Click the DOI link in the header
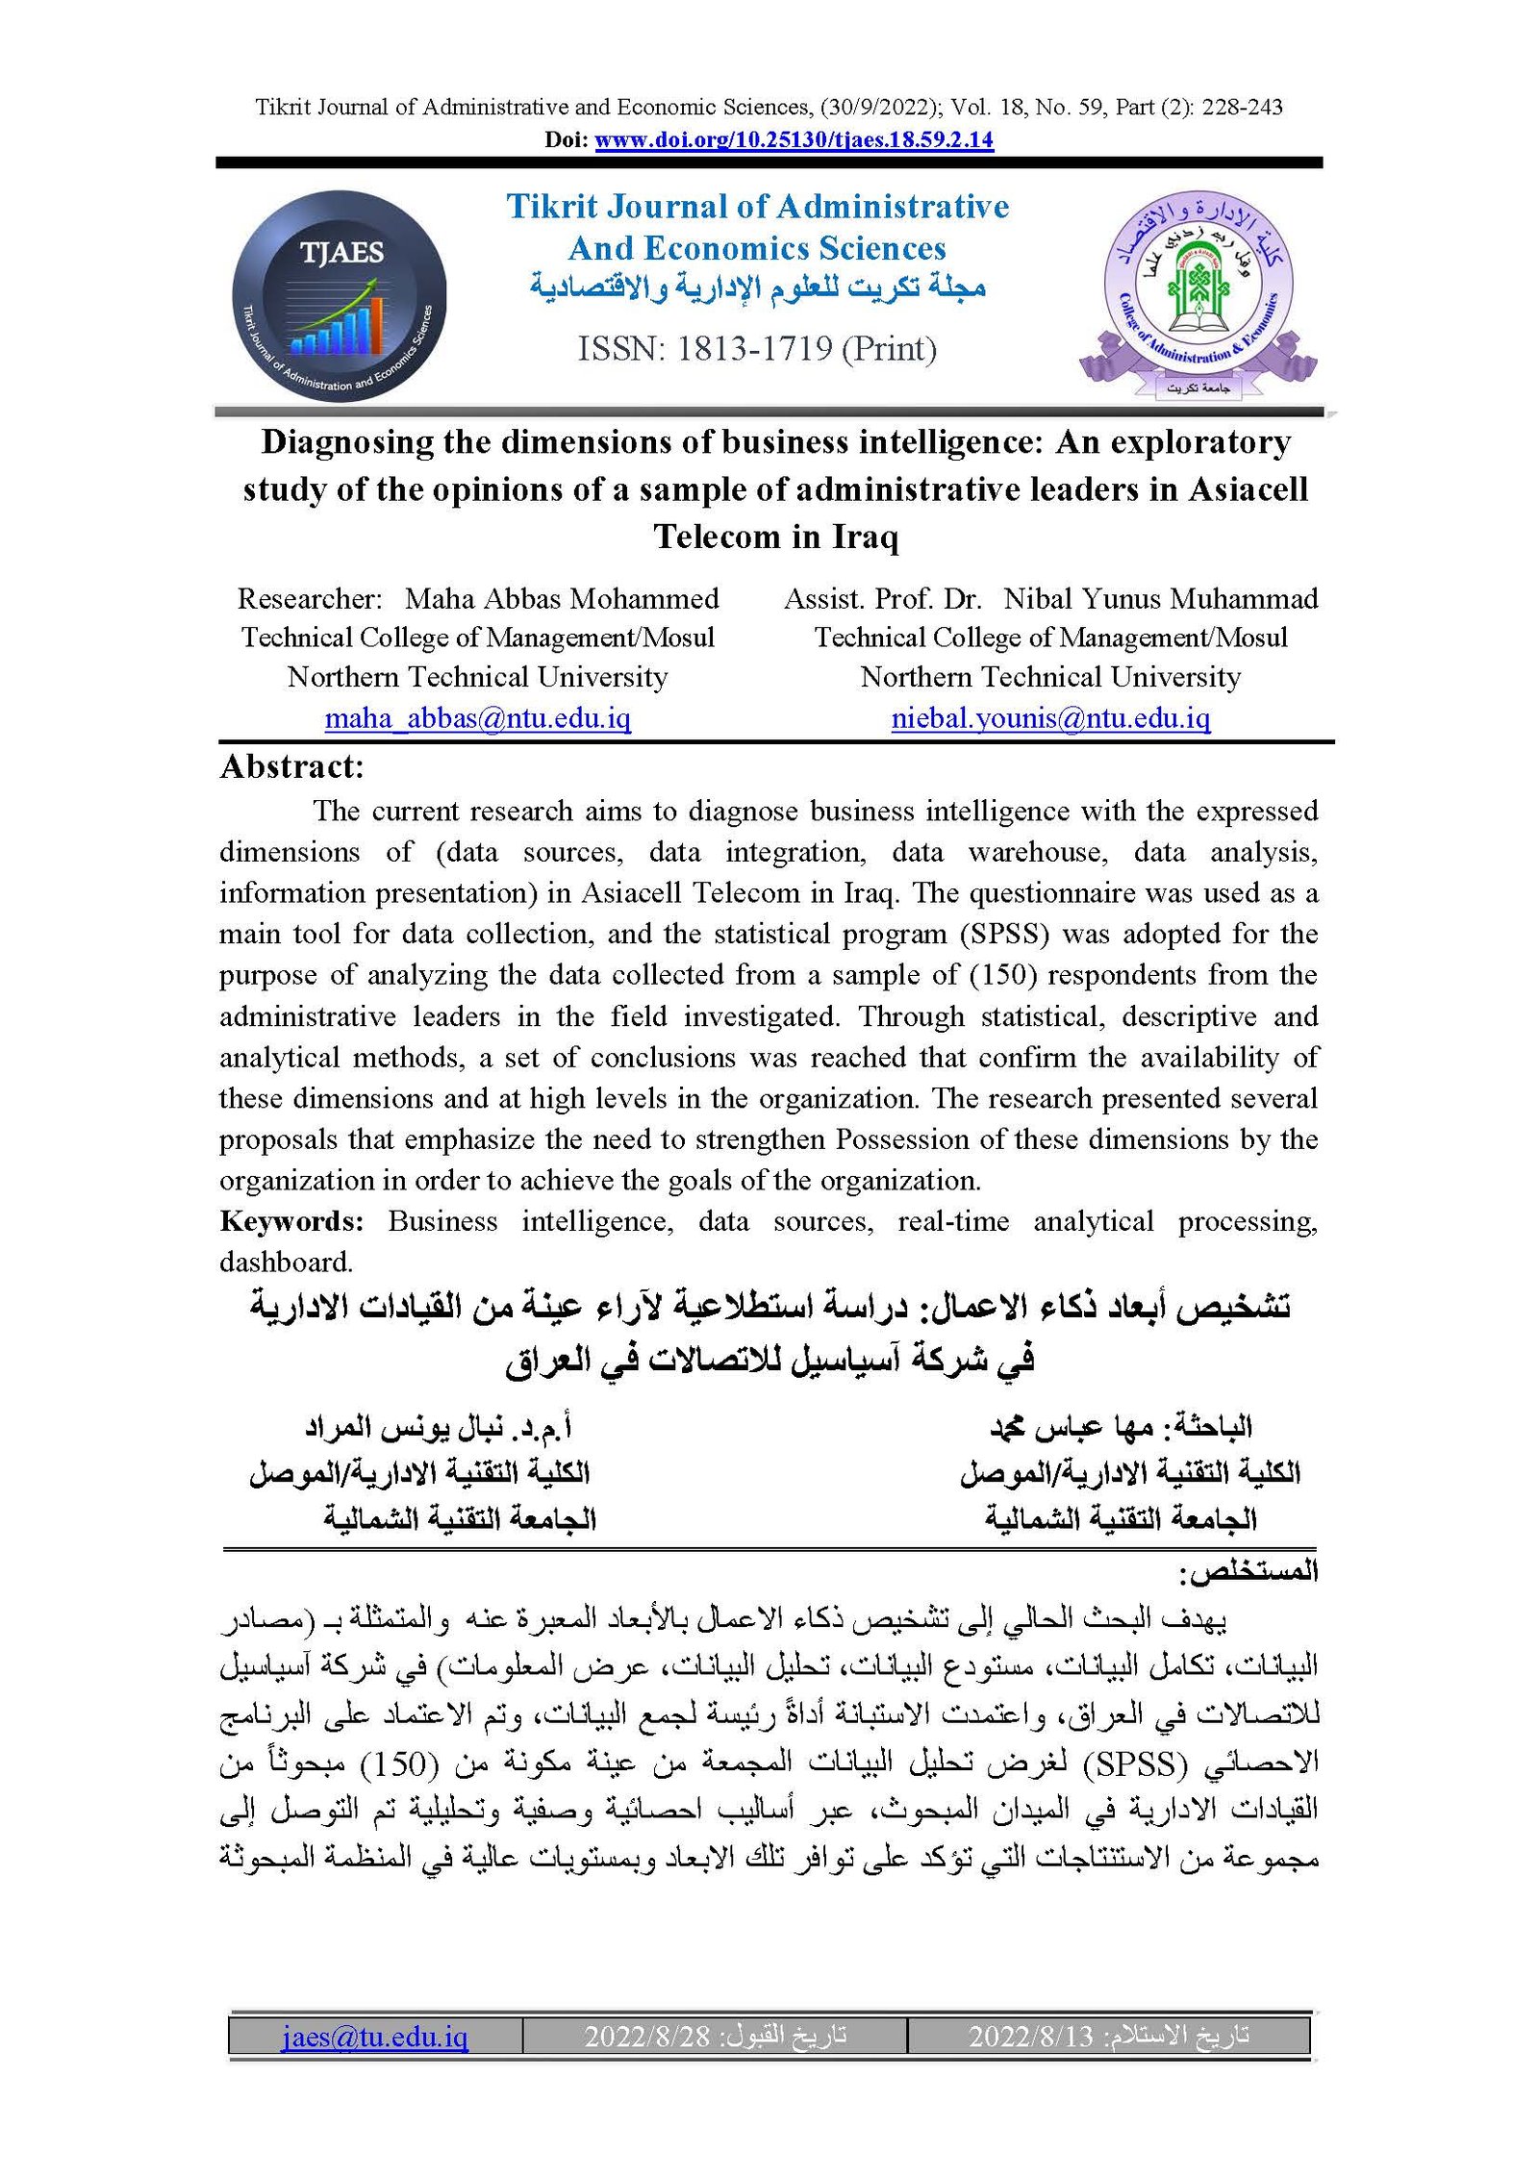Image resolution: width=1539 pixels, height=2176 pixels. (794, 139)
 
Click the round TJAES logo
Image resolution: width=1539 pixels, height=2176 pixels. (339, 294)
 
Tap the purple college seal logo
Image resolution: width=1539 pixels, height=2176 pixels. (1198, 294)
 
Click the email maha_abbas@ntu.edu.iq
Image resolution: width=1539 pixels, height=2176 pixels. (477, 717)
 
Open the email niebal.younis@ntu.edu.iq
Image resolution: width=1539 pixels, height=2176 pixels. (1050, 717)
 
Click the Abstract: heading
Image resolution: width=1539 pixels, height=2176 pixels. (292, 766)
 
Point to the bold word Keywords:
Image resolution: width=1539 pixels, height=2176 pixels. (291, 1221)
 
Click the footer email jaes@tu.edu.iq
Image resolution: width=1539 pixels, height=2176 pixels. (374, 2036)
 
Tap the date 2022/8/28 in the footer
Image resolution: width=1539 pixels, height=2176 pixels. (646, 2036)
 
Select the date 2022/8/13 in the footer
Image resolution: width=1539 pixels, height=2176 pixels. (1030, 2036)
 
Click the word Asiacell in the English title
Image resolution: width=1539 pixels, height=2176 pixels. (1248, 489)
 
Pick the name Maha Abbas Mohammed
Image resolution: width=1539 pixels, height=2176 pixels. (562, 598)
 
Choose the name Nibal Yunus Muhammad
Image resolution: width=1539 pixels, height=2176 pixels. (1160, 598)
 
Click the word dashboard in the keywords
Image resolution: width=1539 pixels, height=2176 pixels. (286, 1263)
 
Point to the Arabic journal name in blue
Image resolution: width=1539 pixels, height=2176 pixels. (757, 288)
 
